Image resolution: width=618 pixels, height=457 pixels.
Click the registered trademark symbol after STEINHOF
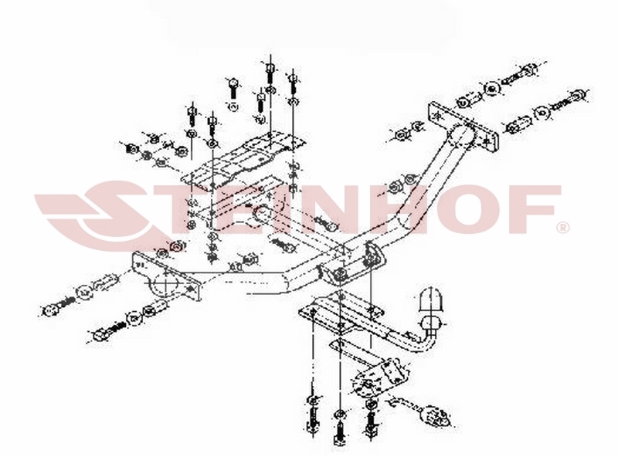click(563, 228)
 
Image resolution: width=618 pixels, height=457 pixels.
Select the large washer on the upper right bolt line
click(491, 89)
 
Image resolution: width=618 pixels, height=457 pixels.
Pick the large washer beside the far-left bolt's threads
click(85, 292)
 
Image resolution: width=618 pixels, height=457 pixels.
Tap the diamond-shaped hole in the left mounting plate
click(192, 289)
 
